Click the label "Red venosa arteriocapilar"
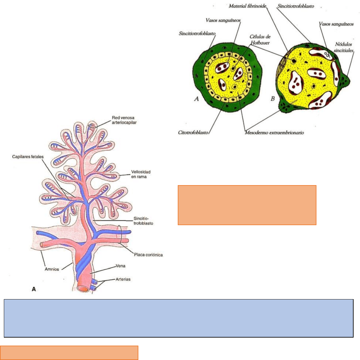coord(124,120)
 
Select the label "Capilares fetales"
coord(28,157)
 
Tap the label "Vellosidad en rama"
coord(141,174)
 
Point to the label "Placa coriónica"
coord(148,255)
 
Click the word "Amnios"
coord(52,269)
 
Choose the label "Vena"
coord(120,266)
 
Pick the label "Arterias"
coord(123,279)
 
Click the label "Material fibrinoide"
coord(247,6)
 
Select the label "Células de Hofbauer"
coord(260,40)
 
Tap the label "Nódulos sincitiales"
coord(343,47)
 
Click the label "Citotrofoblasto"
coord(193,133)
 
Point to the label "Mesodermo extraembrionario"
coord(274,133)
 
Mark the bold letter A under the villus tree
coord(34,289)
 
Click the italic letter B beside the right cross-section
coord(273,99)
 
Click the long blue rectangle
coord(178,318)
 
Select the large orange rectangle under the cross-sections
coord(247,205)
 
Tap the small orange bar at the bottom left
coord(69,353)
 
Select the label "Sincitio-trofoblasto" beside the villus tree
coord(143,221)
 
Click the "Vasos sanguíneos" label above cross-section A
coord(223,20)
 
